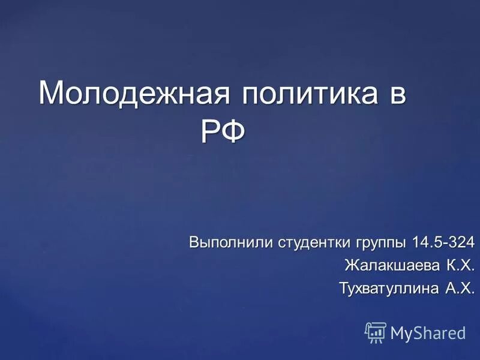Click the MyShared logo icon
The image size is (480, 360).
tap(376, 331)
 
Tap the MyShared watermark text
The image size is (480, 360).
tap(428, 332)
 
